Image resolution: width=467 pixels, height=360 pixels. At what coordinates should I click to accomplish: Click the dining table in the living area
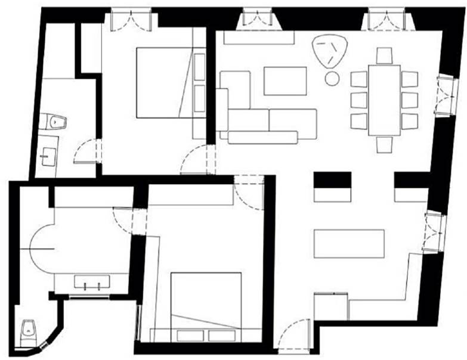click(x=384, y=100)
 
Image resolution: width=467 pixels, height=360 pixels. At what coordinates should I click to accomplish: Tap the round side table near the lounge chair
click(x=332, y=78)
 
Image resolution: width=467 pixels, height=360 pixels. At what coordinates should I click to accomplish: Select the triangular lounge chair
click(x=329, y=51)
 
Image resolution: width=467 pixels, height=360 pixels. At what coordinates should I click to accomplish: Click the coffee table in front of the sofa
click(x=285, y=81)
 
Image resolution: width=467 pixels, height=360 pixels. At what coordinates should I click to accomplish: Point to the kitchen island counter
click(x=349, y=243)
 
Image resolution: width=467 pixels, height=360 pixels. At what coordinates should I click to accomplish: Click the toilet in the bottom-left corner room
click(x=28, y=330)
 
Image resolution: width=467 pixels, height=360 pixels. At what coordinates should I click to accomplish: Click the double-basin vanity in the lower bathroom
click(x=91, y=282)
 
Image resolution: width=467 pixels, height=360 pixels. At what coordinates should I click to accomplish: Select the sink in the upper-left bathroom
click(x=48, y=157)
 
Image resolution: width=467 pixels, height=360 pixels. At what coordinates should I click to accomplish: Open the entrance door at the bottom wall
click(x=293, y=335)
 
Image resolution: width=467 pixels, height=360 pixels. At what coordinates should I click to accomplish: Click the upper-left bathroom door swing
click(x=85, y=151)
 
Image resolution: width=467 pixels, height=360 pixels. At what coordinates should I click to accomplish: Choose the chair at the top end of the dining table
click(x=385, y=55)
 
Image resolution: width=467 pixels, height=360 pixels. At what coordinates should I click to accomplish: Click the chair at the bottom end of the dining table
click(x=385, y=144)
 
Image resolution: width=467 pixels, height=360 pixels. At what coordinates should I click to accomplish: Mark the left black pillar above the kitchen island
click(x=332, y=179)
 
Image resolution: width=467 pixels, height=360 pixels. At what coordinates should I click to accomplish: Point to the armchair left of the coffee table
click(x=234, y=90)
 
